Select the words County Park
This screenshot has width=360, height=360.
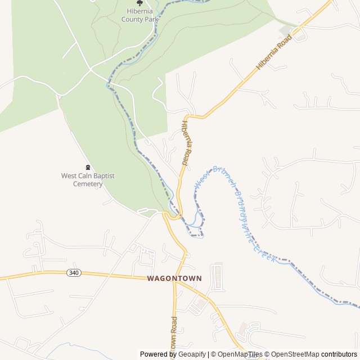(x=140, y=19)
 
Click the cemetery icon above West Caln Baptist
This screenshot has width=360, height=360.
(x=88, y=167)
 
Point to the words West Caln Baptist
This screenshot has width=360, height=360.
(x=88, y=176)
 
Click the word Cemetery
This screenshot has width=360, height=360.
(x=88, y=184)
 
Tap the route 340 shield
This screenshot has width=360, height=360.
(x=73, y=273)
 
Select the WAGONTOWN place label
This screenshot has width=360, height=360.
(x=174, y=278)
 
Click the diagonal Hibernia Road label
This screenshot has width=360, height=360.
(x=274, y=52)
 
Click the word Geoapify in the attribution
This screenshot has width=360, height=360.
(x=192, y=354)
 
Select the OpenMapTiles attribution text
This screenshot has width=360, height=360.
(x=236, y=354)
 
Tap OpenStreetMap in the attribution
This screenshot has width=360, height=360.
(x=295, y=354)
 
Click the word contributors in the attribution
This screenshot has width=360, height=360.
(x=339, y=354)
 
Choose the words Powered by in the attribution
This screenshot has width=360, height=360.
(x=158, y=354)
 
